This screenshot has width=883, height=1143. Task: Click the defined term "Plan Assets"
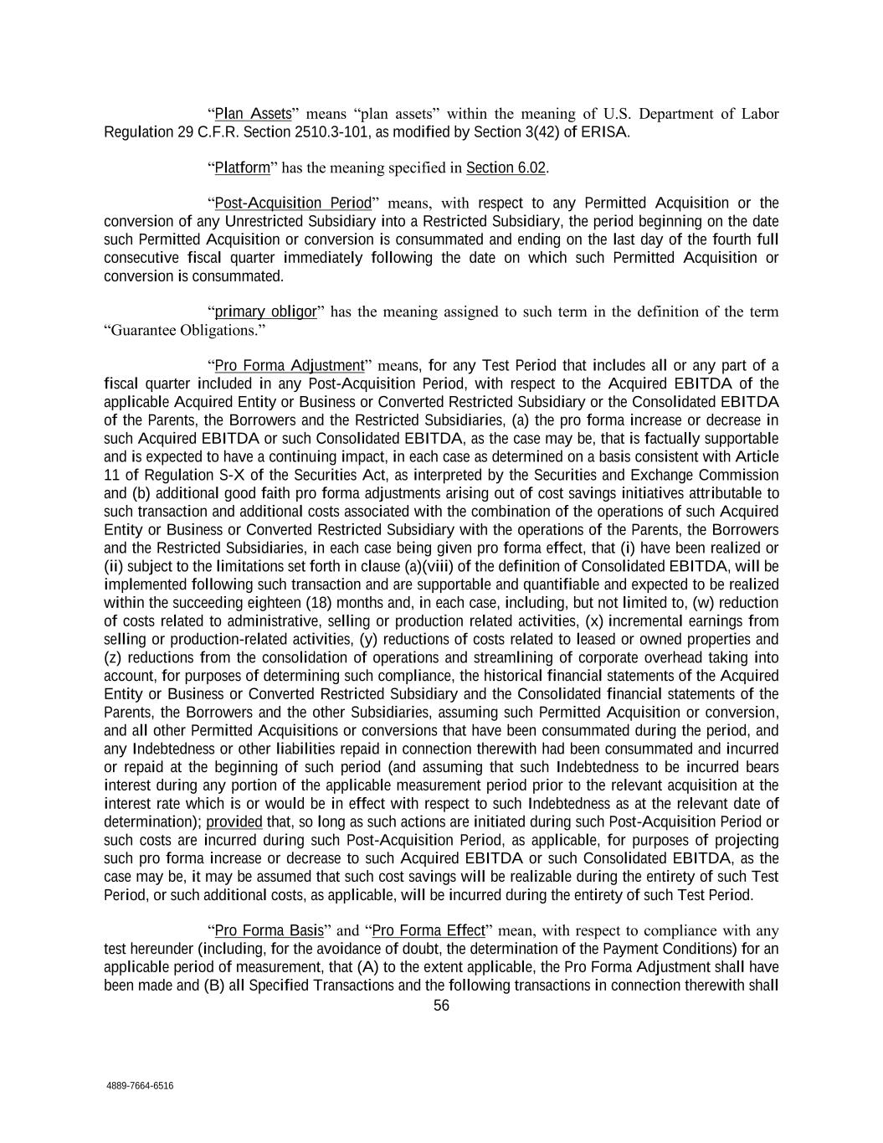[253, 114]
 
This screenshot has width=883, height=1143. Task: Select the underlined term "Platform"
[242, 167]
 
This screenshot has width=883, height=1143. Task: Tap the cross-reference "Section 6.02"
[506, 167]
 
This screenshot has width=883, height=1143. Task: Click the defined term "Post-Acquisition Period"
[293, 203]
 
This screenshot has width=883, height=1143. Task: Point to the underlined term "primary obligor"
[265, 312]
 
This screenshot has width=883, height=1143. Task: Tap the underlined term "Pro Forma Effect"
[428, 930]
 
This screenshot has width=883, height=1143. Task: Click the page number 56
[441, 1006]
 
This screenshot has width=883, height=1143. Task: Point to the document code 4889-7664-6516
[140, 1086]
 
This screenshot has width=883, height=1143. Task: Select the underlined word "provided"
[234, 821]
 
